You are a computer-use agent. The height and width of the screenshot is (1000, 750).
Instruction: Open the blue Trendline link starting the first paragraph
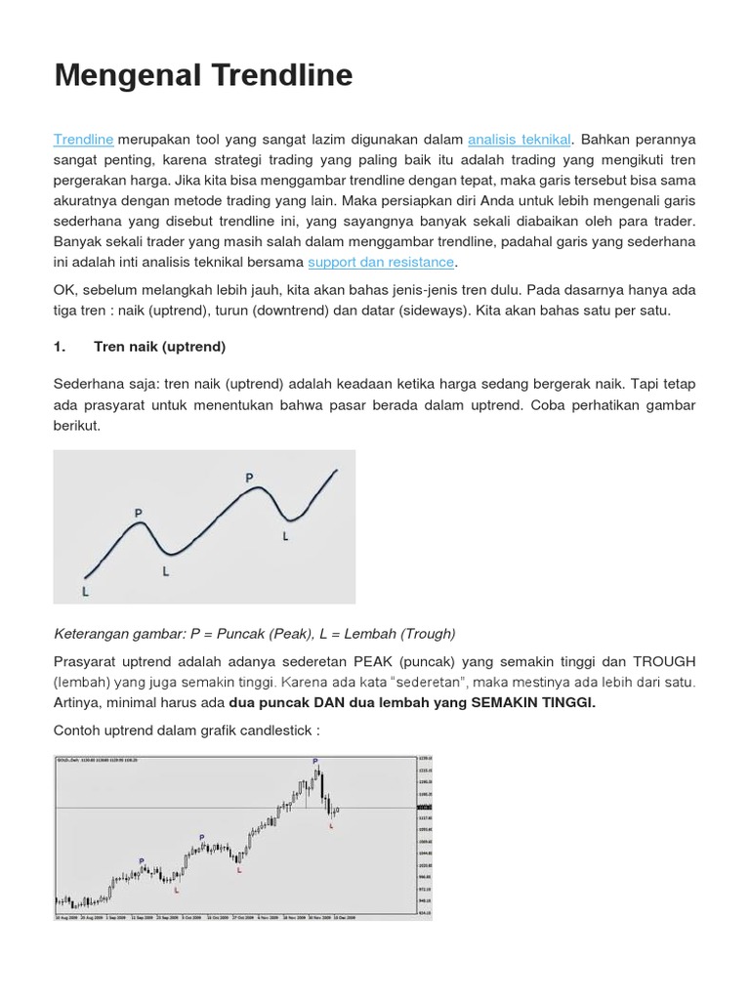[84, 140]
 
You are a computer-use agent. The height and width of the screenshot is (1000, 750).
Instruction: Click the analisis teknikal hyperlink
[520, 140]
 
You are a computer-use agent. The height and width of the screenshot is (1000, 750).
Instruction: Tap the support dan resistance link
[381, 262]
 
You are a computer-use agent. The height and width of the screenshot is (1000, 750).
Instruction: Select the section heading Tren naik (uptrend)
[160, 347]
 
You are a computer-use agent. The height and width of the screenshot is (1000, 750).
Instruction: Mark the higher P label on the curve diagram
[249, 479]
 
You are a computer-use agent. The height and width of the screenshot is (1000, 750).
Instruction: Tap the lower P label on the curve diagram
[138, 513]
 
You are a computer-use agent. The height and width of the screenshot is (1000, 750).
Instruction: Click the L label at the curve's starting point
[86, 591]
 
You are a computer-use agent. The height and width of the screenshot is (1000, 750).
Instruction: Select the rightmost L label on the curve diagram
[285, 536]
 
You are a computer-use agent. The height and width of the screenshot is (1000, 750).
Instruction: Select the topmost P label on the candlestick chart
[315, 761]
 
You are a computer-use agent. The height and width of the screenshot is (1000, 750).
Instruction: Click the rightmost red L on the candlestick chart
[331, 825]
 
